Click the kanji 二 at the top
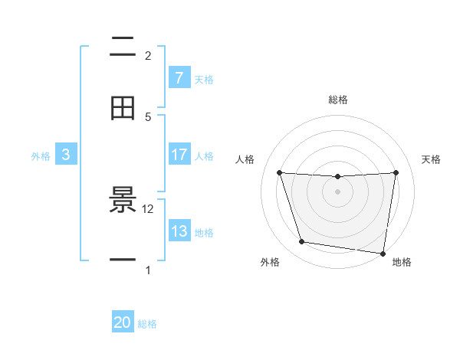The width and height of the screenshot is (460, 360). tap(123, 47)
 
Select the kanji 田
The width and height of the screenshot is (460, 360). tap(123, 109)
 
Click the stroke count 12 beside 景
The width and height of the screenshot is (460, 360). tap(148, 208)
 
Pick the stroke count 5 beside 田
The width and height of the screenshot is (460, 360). tap(148, 116)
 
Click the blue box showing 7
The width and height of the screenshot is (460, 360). tap(179, 78)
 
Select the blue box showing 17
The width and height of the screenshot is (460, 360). tap(179, 155)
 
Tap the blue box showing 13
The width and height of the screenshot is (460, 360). tap(179, 231)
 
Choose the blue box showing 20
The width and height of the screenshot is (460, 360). tap(123, 322)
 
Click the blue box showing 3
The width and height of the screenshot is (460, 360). tap(66, 155)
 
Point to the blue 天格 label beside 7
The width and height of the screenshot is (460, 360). tap(204, 79)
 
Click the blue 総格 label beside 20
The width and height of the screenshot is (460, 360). tap(147, 324)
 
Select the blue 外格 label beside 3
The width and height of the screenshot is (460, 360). tap(41, 155)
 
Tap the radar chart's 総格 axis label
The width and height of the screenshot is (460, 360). tap(338, 100)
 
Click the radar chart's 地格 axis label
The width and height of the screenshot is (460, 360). tap(402, 263)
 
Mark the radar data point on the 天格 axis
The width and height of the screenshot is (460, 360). tap(396, 172)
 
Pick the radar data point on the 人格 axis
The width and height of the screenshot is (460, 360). tap(280, 172)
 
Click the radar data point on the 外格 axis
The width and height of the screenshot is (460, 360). tap(302, 242)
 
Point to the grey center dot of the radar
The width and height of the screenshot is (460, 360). tap(338, 191)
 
